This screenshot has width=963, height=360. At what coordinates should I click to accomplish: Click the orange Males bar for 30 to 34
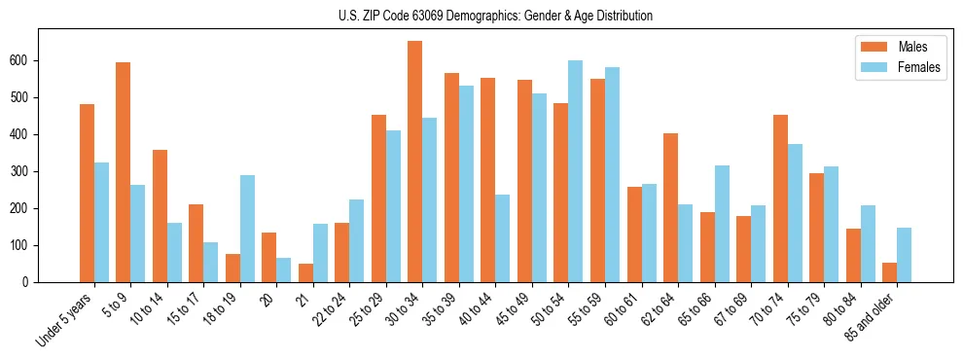point(414,162)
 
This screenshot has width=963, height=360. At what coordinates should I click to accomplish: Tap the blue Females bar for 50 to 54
point(575,171)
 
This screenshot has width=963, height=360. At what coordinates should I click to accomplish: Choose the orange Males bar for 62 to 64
point(670,207)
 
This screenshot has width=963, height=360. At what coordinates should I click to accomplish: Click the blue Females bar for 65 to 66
point(721,224)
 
